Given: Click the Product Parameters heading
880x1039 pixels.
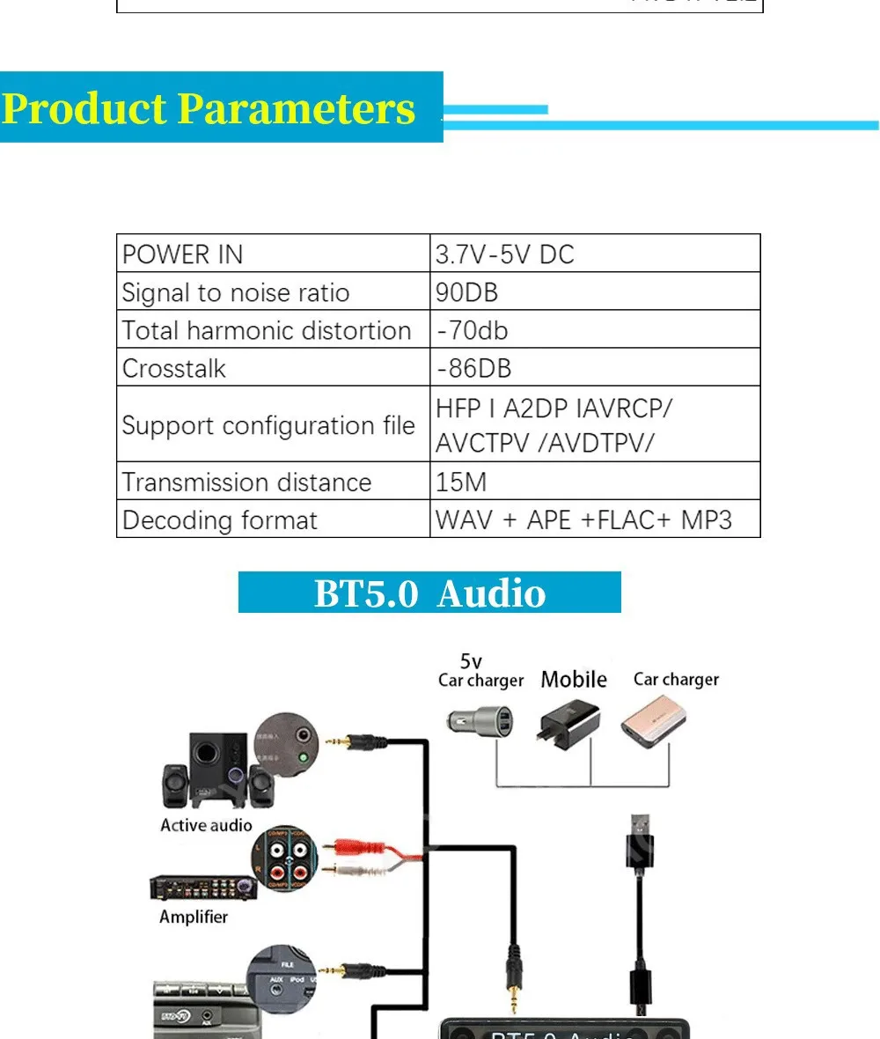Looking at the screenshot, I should pos(209,108).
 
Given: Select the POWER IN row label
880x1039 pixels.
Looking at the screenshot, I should pos(182,254).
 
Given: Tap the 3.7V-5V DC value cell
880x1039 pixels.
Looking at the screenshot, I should pos(505,254).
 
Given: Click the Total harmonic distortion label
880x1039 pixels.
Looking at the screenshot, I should pos(267,330).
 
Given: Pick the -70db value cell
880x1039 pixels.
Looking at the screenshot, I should pos(473,330).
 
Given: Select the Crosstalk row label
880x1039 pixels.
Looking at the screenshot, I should pos(174,368).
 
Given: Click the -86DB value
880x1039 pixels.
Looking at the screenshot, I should pos(474,368).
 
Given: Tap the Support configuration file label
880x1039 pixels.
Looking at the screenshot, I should pos(268,425).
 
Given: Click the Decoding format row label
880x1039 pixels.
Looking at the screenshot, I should pos(220,519).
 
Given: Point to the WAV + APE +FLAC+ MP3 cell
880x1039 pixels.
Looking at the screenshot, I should pos(583,519).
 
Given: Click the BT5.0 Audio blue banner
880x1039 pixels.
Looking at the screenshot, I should pos(429,593).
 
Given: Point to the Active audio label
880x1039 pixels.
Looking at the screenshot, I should pos(206,825).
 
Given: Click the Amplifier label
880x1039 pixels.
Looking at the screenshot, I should pos(194,917).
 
